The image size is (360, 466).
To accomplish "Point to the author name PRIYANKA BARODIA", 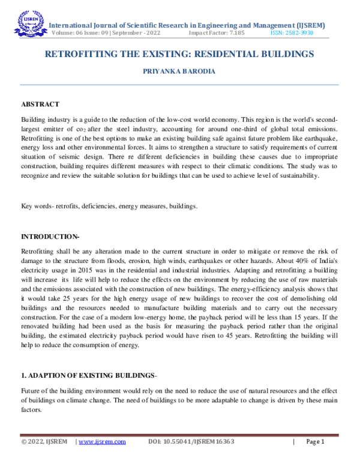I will pyautogui.click(x=179, y=71).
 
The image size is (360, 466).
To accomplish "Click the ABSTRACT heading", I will pyautogui.click(x=40, y=104).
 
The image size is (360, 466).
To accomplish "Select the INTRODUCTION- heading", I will pyautogui.click(x=50, y=236).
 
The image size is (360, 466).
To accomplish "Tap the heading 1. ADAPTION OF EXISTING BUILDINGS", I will pyautogui.click(x=88, y=375).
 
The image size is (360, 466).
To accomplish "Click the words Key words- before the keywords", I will pyautogui.click(x=37, y=207).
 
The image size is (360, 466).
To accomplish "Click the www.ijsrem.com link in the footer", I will pyautogui.click(x=102, y=441).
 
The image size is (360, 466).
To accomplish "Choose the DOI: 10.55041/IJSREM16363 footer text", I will pyautogui.click(x=190, y=441).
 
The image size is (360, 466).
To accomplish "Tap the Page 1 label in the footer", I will pyautogui.click(x=315, y=441).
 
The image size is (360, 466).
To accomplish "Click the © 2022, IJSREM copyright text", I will pyautogui.click(x=45, y=441).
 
